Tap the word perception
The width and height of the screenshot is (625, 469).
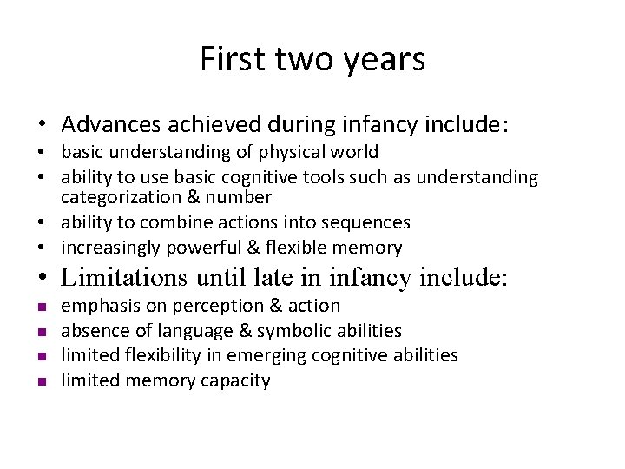(214, 306)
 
